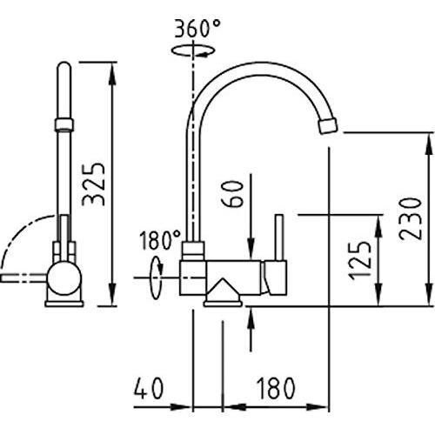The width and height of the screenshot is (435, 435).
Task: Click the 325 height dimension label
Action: click(x=93, y=184)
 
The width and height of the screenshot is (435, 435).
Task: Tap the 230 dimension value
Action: click(x=410, y=219)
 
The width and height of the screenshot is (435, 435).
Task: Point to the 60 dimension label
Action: click(x=231, y=194)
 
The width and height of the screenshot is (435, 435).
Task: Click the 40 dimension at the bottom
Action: click(x=149, y=388)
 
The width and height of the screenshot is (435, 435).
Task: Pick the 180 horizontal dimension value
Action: click(x=276, y=388)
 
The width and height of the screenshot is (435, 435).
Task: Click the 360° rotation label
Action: click(x=197, y=29)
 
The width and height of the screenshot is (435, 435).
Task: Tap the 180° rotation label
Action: click(x=160, y=240)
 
